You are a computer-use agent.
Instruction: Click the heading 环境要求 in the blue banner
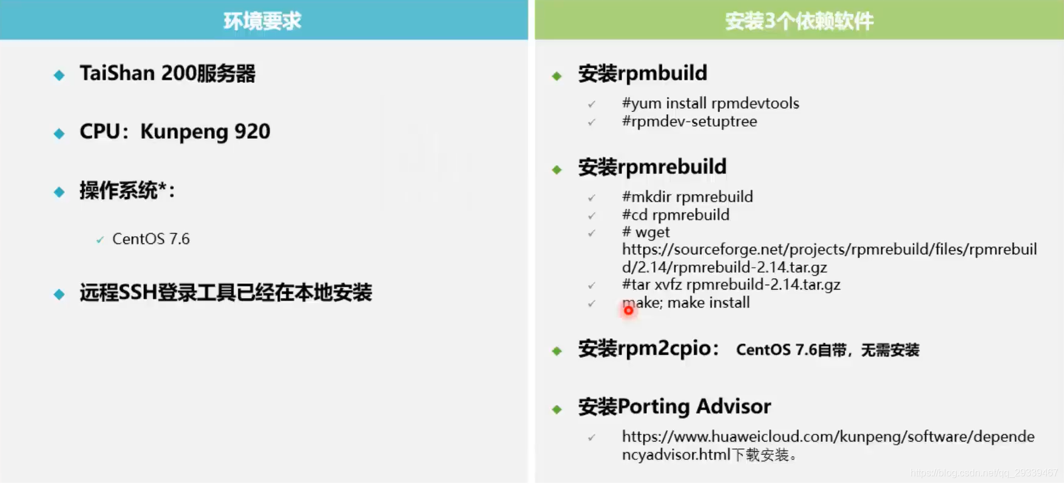pyautogui.click(x=262, y=21)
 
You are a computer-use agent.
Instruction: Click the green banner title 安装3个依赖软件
pyautogui.click(x=799, y=21)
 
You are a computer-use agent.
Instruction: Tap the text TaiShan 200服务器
pyautogui.click(x=168, y=73)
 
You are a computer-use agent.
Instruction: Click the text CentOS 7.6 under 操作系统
pyautogui.click(x=151, y=239)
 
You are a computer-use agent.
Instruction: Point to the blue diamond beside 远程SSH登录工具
pyautogui.click(x=59, y=295)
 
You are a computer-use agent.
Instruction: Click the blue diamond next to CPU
pyautogui.click(x=59, y=134)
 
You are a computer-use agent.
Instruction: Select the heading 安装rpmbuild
pyautogui.click(x=643, y=73)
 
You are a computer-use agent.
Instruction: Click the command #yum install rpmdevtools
pyautogui.click(x=711, y=103)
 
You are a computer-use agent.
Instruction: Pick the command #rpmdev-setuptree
pyautogui.click(x=690, y=121)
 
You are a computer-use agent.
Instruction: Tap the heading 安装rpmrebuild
pyautogui.click(x=652, y=167)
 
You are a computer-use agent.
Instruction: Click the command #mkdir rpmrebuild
pyautogui.click(x=688, y=197)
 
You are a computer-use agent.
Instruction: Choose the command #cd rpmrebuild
pyautogui.click(x=676, y=215)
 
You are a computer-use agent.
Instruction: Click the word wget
pyautogui.click(x=652, y=233)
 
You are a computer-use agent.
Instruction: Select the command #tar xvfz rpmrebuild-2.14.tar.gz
pyautogui.click(x=731, y=285)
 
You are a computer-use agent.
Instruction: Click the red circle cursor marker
pyautogui.click(x=628, y=310)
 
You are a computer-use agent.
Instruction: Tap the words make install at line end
pyautogui.click(x=708, y=302)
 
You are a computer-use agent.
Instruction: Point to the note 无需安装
pyautogui.click(x=890, y=350)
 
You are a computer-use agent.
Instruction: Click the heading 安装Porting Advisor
pyautogui.click(x=674, y=406)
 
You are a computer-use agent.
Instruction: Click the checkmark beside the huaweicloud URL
pyautogui.click(x=592, y=437)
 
